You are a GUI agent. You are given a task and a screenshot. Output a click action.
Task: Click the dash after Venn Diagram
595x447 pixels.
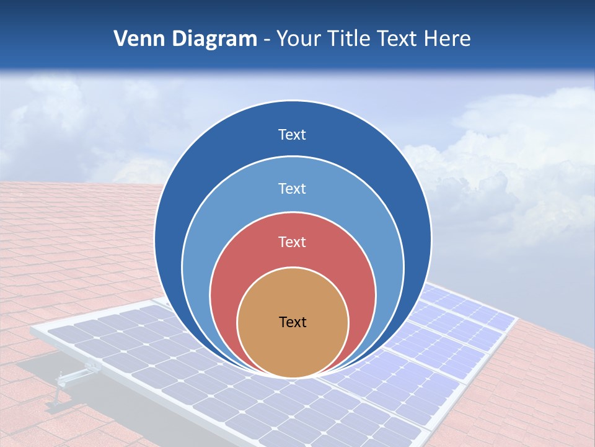[267, 40]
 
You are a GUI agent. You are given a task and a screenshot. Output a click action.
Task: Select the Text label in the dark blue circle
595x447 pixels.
[293, 135]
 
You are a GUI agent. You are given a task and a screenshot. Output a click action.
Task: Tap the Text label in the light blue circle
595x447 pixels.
[293, 188]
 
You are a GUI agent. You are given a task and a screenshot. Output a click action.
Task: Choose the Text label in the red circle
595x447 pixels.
[293, 242]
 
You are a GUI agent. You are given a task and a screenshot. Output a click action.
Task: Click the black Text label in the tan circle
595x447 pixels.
[293, 322]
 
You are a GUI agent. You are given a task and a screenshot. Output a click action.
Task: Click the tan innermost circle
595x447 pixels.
[293, 348]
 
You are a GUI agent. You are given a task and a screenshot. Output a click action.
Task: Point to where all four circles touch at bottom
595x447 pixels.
[293, 376]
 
